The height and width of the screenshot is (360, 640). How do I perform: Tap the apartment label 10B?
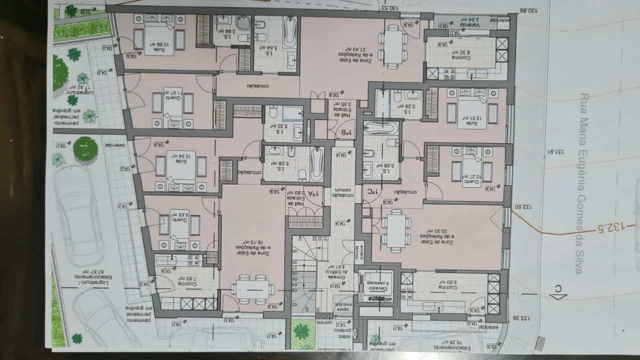(x=345, y=132)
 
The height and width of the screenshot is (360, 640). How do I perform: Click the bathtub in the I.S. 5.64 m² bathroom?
(x=290, y=32)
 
